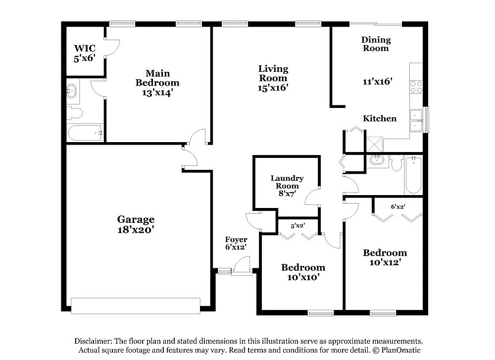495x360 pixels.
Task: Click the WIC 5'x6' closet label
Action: pyautogui.click(x=84, y=53)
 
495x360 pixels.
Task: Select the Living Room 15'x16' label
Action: pyautogui.click(x=273, y=78)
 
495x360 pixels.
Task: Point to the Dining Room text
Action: pyautogui.click(x=376, y=44)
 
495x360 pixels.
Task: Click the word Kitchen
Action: pyautogui.click(x=380, y=119)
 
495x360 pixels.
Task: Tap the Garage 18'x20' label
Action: pyautogui.click(x=136, y=224)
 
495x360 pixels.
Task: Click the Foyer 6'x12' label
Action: pyautogui.click(x=236, y=243)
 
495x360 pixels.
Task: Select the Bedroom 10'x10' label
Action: pyautogui.click(x=303, y=272)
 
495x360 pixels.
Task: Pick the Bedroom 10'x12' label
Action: pyautogui.click(x=385, y=257)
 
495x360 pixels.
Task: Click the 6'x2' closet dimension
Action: pyautogui.click(x=398, y=206)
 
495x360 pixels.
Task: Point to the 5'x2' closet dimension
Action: pyautogui.click(x=297, y=226)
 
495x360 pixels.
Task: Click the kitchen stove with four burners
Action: pyautogui.click(x=416, y=87)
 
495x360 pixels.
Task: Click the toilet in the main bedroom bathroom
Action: pyautogui.click(x=74, y=113)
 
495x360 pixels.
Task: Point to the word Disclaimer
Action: pyautogui.click(x=93, y=341)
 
